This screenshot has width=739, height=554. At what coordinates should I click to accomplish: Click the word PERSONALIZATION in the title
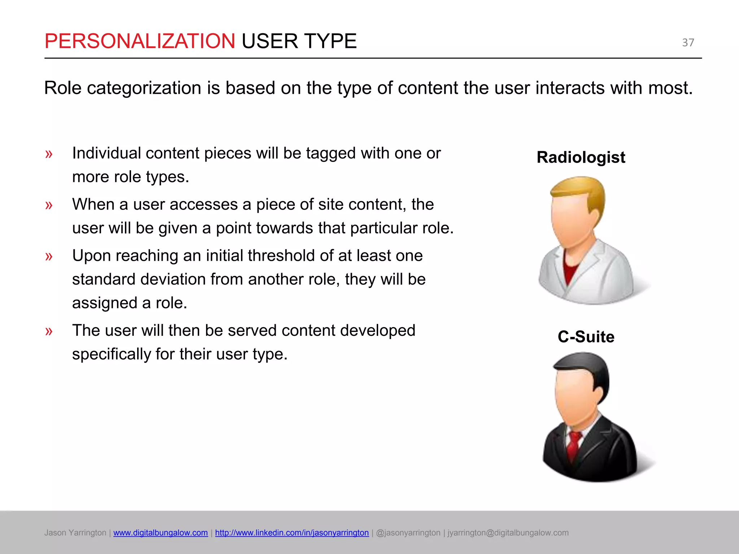[x=140, y=41]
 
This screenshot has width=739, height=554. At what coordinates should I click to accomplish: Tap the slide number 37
[x=688, y=43]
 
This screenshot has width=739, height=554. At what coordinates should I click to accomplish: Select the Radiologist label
[x=581, y=157]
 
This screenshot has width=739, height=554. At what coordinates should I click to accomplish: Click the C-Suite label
[x=586, y=337]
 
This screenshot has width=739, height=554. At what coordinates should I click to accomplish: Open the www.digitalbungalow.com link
[x=160, y=533]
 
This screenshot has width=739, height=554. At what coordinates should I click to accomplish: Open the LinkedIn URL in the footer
[x=292, y=533]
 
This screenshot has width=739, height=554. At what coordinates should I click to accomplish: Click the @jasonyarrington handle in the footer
[x=408, y=533]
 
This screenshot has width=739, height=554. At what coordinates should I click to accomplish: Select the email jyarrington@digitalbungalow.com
[x=508, y=533]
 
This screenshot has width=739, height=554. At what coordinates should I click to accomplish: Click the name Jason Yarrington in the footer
[x=75, y=533]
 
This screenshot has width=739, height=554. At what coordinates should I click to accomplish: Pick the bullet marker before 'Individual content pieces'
[x=49, y=154]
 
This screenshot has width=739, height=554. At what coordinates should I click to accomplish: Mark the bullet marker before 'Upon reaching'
[x=49, y=256]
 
